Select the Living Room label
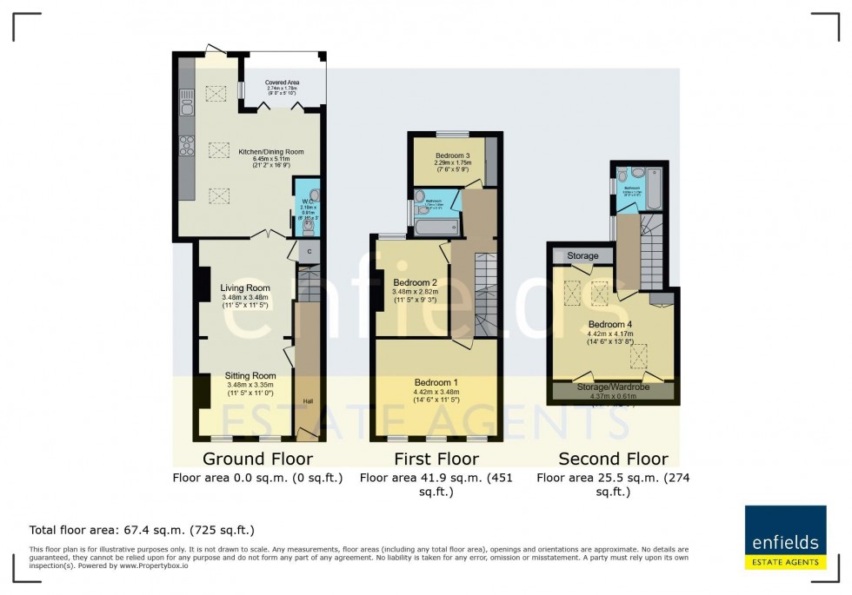(244, 288)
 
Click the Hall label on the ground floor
(308, 401)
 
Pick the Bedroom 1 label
(436, 382)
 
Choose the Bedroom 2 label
(415, 282)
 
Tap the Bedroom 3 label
(452, 155)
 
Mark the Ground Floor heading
(257, 459)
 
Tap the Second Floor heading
(613, 459)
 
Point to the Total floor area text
(142, 530)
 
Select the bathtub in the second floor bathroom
(654, 189)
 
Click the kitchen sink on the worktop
(185, 107)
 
